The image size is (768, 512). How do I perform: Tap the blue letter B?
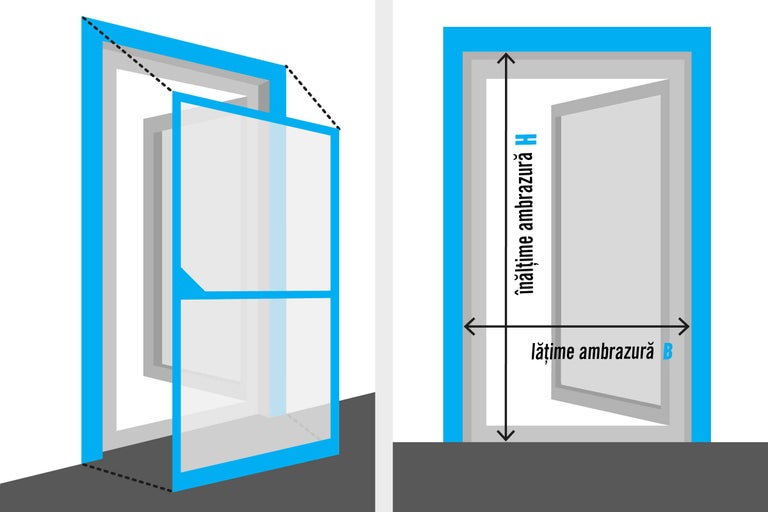(x=667, y=352)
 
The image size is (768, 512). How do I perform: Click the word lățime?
(x=554, y=352)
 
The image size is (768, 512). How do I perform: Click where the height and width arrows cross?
(x=507, y=326)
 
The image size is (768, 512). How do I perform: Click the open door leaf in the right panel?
(x=610, y=250)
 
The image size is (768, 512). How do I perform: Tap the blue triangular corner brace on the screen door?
(x=193, y=281)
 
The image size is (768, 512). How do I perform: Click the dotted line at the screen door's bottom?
(x=130, y=475)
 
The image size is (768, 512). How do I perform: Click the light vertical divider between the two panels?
(x=383, y=256)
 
